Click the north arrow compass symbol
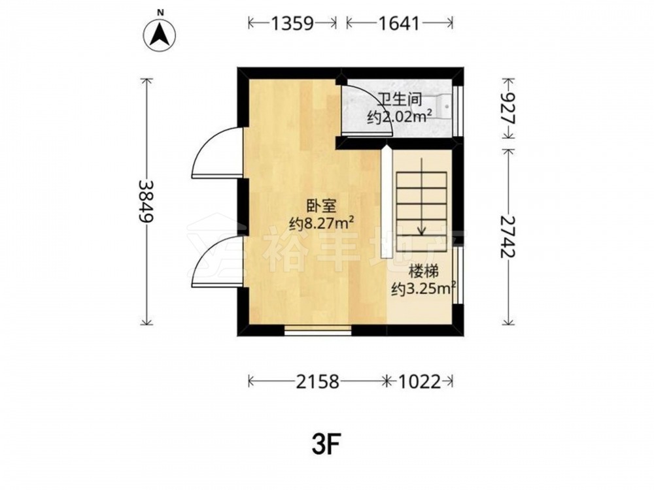(160, 34)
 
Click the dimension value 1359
(292, 24)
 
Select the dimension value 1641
(399, 24)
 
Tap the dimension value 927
(508, 108)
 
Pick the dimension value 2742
(508, 237)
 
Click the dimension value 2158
(318, 382)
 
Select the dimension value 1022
(420, 382)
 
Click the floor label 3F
(326, 446)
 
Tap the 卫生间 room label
(400, 99)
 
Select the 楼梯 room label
(424, 272)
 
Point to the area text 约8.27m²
(322, 223)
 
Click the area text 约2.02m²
(399, 118)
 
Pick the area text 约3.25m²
(422, 289)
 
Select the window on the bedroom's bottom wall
(318, 331)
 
